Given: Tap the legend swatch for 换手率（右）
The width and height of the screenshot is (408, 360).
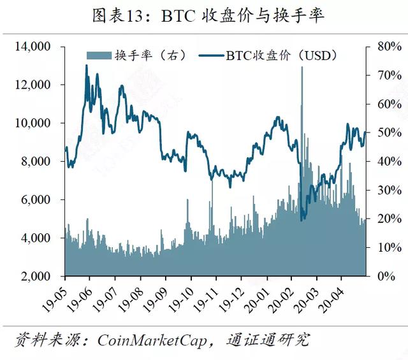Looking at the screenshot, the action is pyautogui.click(x=99, y=55).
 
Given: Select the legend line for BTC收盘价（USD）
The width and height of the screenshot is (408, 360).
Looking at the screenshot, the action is pyautogui.click(x=211, y=55).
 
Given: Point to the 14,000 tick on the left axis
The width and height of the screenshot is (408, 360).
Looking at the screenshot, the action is pyautogui.click(x=33, y=47).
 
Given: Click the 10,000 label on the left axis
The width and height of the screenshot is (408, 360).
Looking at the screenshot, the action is pyautogui.click(x=33, y=123).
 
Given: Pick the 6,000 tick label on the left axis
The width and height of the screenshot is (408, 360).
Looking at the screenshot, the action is pyautogui.click(x=36, y=199).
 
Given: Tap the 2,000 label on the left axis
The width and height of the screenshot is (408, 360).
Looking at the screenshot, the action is pyautogui.click(x=36, y=276).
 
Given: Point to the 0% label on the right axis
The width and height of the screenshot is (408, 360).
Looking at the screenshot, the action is pyautogui.click(x=386, y=276).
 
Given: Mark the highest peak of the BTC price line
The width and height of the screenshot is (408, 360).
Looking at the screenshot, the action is pyautogui.click(x=87, y=65).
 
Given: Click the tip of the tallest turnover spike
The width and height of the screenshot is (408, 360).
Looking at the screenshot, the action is pyautogui.click(x=302, y=67).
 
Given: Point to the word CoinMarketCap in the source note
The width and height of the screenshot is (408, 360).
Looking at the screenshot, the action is pyautogui.click(x=152, y=340).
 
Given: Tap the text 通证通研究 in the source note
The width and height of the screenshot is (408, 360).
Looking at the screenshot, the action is pyautogui.click(x=268, y=340).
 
